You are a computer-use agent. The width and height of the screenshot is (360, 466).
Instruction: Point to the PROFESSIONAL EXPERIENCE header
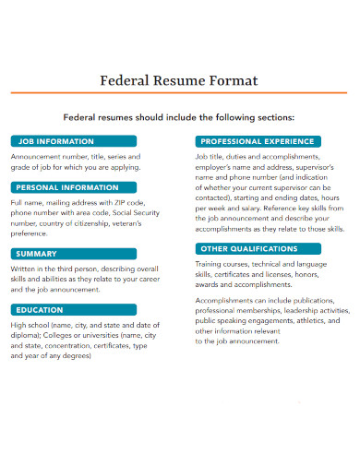[x=256, y=141]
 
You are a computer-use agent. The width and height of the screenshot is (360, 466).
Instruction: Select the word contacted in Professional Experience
[x=216, y=198]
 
